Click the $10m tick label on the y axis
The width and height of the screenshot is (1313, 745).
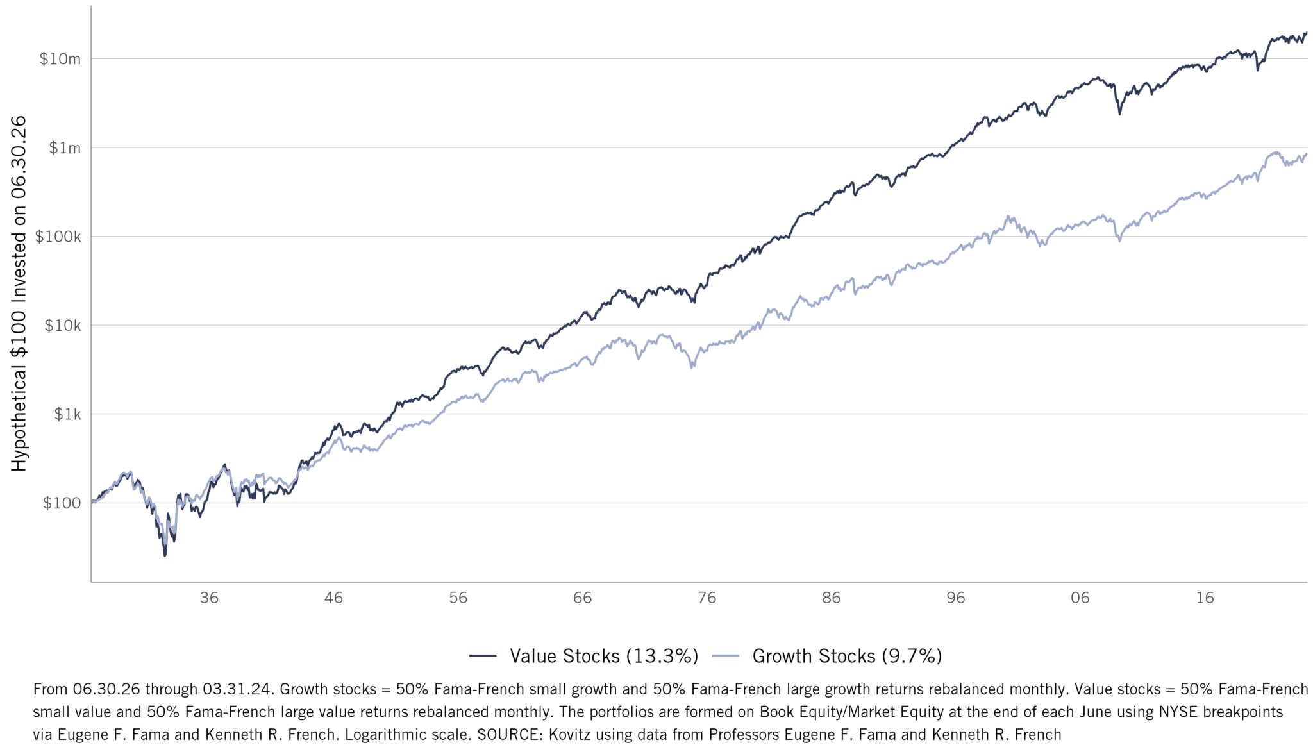(x=60, y=59)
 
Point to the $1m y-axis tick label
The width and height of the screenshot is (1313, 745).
(x=65, y=148)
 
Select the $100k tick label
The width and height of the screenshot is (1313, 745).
(x=58, y=237)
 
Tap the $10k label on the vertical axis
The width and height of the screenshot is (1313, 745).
(x=62, y=326)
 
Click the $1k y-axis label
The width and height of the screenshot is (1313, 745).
(x=67, y=414)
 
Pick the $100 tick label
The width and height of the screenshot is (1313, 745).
(x=62, y=503)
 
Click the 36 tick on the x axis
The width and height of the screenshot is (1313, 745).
(x=209, y=598)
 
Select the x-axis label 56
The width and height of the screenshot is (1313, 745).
(x=458, y=598)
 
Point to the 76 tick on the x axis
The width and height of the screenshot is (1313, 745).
(x=707, y=598)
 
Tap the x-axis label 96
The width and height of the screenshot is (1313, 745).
(x=955, y=598)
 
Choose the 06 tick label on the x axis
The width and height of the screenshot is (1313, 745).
(x=1080, y=598)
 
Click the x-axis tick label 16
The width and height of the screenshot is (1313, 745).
(x=1205, y=598)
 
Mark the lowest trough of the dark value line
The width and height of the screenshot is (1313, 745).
(x=165, y=555)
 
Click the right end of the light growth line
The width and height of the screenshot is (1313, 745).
(x=1306, y=154)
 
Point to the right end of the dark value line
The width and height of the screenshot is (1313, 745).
(x=1306, y=33)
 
